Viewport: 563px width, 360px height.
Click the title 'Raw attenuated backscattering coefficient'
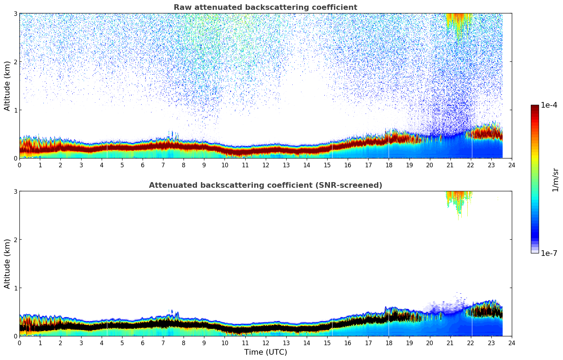click(x=265, y=7)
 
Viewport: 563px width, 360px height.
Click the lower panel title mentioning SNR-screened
click(x=265, y=185)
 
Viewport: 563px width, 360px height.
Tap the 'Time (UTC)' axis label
click(x=265, y=352)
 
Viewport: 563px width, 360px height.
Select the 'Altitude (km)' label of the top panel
click(x=7, y=86)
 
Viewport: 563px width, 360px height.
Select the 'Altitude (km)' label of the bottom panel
click(x=7, y=264)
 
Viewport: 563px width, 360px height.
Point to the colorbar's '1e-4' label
click(x=549, y=105)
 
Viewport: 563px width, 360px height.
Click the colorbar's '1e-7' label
click(x=549, y=253)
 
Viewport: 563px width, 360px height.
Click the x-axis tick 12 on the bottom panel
click(x=266, y=343)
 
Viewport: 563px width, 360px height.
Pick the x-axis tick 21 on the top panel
click(x=450, y=165)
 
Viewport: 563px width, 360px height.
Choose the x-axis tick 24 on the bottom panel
click(x=512, y=343)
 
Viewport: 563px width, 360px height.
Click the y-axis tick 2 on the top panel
click(x=16, y=62)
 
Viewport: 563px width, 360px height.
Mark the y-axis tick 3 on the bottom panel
click(x=16, y=191)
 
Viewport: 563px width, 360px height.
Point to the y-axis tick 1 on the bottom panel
click(x=16, y=288)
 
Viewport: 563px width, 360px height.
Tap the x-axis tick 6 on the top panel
click(x=143, y=165)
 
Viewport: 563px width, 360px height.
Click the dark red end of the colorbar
click(x=535, y=107)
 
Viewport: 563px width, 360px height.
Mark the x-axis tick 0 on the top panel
click(x=19, y=165)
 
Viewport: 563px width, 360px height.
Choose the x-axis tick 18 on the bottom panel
click(x=389, y=343)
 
